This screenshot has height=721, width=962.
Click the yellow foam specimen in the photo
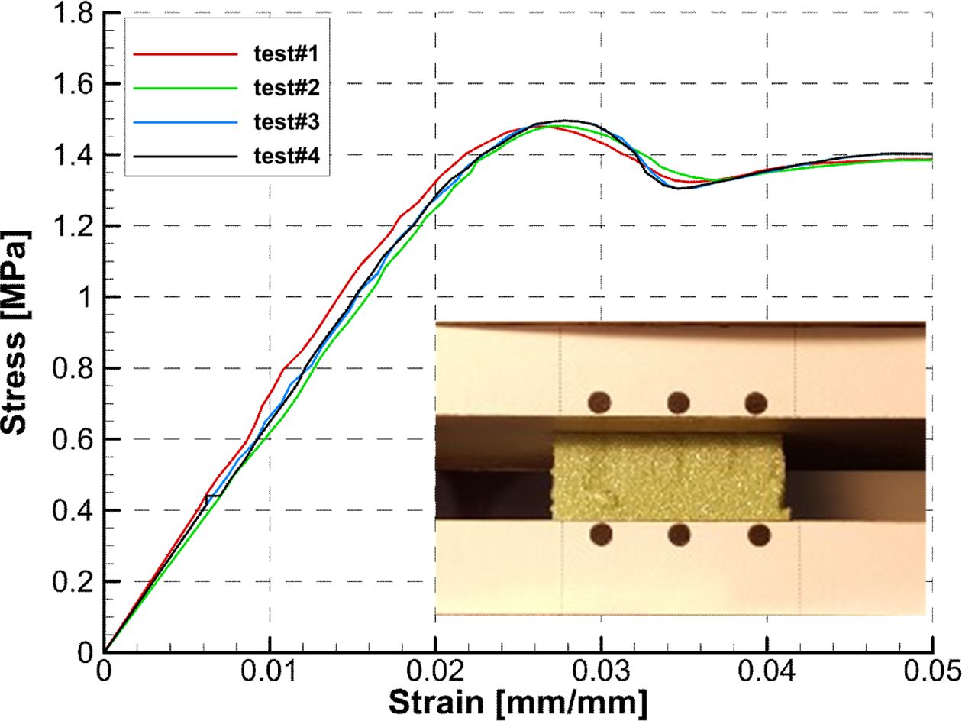click(669, 478)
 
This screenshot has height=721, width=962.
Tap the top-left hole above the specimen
click(600, 402)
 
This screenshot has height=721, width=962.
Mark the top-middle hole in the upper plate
click(678, 402)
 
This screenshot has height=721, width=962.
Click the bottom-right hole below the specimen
click(758, 535)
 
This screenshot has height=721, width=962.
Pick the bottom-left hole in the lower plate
click(601, 534)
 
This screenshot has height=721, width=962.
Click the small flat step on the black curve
click(214, 496)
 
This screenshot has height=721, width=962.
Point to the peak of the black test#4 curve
click(565, 121)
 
